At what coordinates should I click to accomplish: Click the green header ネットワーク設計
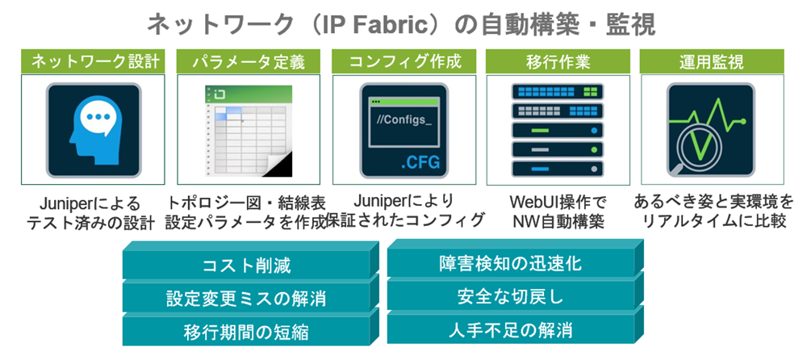93,61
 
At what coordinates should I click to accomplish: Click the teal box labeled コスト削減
246,266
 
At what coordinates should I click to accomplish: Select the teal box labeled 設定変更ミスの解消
246,299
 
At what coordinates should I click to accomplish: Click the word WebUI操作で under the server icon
558,201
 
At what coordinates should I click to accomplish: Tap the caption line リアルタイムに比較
711,220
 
